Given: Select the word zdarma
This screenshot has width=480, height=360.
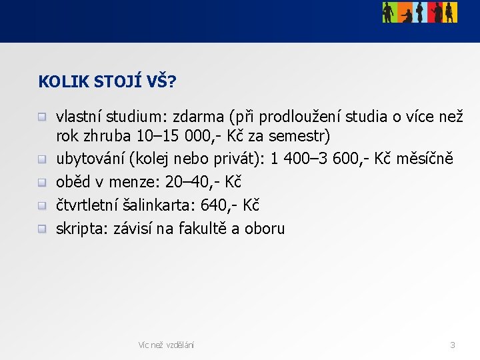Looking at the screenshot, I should pos(199,117).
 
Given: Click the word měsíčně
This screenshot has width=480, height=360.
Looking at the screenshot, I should pos(425,159).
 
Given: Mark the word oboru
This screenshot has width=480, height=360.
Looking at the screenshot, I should pos(265,229).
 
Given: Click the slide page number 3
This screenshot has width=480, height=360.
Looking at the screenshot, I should pos(453,345).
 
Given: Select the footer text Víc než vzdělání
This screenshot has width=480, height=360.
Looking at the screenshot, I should pos(166,345).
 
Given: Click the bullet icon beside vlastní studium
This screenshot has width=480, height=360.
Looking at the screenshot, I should pos(42,117).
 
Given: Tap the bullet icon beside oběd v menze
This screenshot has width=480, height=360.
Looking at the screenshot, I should pos(42,182).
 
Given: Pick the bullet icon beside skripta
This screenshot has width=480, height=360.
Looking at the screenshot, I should pos(42,229).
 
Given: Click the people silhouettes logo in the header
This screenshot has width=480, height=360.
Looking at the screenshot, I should pos(419,12).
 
